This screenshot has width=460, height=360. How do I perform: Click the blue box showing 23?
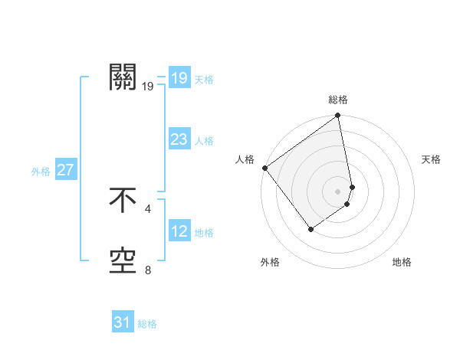179,139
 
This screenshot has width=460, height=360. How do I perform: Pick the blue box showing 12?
179,231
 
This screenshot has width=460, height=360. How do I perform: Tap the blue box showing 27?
65,170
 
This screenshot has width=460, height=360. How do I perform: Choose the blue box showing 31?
122,322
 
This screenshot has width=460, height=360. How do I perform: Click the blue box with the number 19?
179,78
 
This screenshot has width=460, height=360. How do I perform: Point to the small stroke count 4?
148,208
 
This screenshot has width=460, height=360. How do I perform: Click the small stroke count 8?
148,270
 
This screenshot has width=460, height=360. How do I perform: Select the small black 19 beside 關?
148,86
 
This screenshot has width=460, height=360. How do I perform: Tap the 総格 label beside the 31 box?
147,324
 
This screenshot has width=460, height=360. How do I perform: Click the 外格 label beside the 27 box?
41,172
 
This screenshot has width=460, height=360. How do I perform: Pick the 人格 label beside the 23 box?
204,141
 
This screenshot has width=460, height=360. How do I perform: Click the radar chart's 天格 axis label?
431,159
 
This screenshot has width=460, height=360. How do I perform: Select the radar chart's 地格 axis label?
402,263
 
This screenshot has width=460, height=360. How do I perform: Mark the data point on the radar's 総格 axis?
338,116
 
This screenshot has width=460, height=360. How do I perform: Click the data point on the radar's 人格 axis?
265,168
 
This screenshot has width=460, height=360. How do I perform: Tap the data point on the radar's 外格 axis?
310,229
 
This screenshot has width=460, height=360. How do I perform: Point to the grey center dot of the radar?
338,191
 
